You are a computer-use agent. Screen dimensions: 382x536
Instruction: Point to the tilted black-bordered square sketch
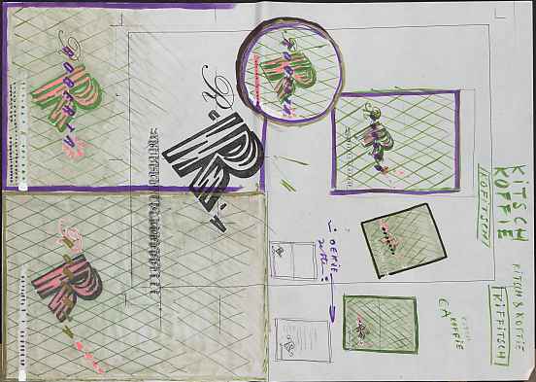point(404,239)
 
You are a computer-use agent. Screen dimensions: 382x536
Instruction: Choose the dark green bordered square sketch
point(380,324)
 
